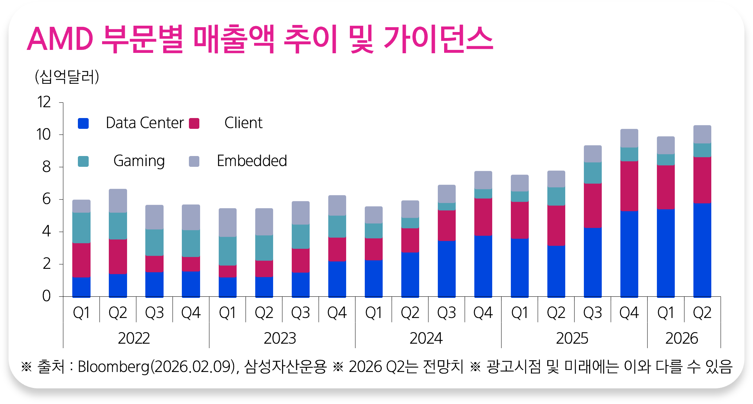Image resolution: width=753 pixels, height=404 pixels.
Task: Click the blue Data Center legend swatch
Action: [83, 123]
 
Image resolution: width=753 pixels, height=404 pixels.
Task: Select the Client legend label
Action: [243, 123]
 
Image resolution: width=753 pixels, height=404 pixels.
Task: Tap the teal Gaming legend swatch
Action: [83, 161]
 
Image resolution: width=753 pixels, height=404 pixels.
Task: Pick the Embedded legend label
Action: [252, 161]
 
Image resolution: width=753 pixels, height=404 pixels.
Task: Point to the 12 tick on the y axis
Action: [44, 102]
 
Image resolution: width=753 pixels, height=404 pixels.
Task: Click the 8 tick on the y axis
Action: [46, 167]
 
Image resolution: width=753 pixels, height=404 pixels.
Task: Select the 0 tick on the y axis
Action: [46, 296]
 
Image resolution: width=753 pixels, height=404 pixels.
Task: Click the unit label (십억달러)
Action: [67, 77]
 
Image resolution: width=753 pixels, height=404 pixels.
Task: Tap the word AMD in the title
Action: [60, 39]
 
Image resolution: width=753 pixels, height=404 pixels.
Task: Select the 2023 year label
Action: [280, 338]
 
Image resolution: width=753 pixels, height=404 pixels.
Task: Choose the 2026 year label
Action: [681, 338]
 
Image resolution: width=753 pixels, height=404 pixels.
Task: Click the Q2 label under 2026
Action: [702, 313]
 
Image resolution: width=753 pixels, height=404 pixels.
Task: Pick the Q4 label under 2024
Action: [483, 313]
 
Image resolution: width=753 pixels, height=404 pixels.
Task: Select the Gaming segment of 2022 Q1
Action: [81, 228]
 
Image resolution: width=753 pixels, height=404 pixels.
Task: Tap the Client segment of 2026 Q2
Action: [702, 180]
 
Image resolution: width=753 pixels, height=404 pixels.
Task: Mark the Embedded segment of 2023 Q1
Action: [227, 222]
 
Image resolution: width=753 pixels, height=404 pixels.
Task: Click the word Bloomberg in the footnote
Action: [113, 367]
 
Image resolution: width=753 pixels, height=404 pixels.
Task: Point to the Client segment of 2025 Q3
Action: [592, 205]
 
